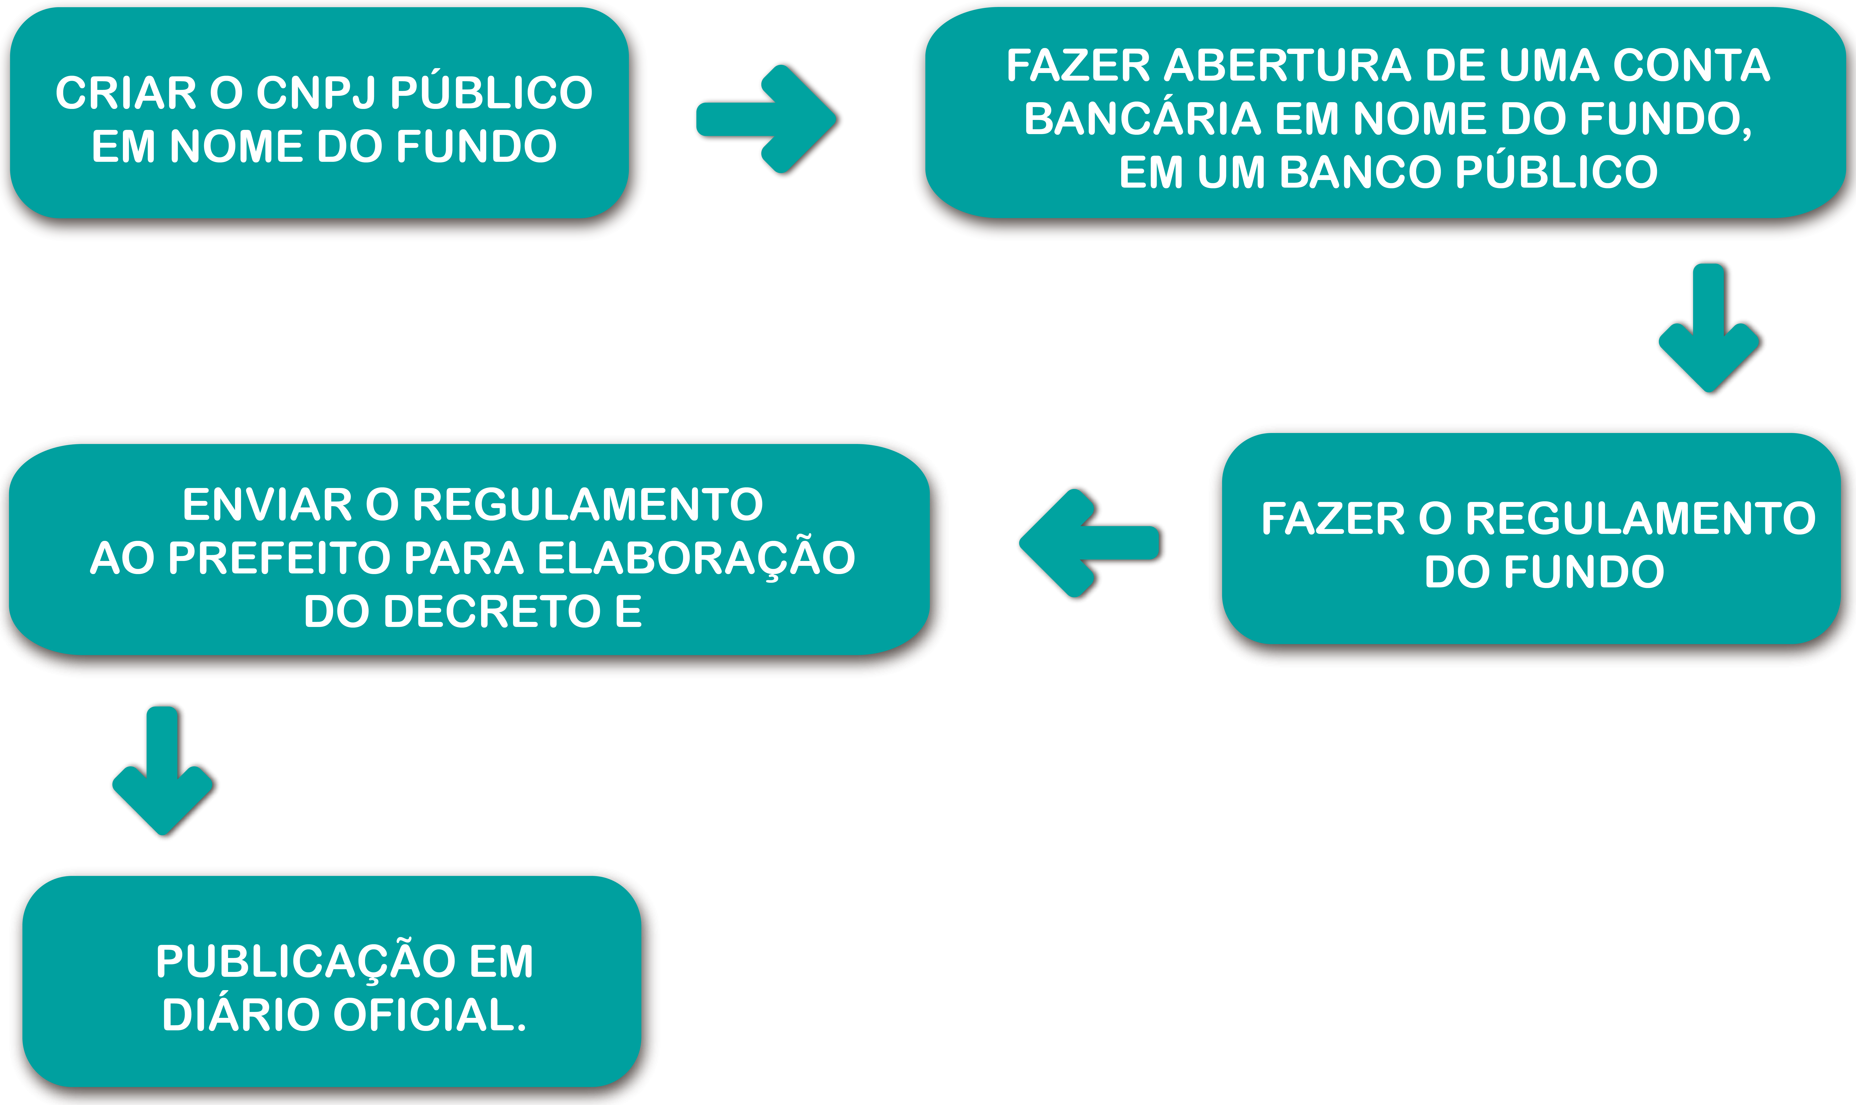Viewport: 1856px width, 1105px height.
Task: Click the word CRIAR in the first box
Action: pyautogui.click(x=125, y=93)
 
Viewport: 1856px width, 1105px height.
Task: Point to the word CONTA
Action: pyautogui.click(x=1691, y=66)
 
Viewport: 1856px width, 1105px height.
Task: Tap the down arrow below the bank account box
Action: pyautogui.click(x=1709, y=328)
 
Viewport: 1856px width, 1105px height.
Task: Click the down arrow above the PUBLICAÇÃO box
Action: pyautogui.click(x=163, y=771)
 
